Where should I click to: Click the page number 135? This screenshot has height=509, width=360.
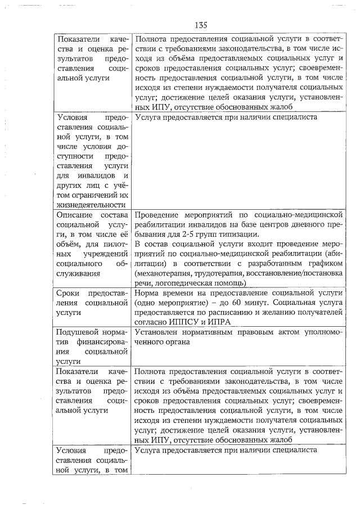click(x=201, y=25)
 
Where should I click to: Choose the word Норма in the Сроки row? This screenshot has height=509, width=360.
click(x=147, y=292)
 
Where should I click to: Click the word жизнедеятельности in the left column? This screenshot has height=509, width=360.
click(x=91, y=205)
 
